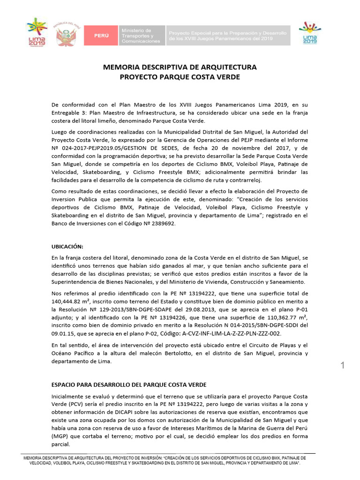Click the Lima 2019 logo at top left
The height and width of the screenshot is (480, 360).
(x=34, y=32)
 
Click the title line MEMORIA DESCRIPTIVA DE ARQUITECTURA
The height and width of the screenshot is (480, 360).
(x=180, y=67)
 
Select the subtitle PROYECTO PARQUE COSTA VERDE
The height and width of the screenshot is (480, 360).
(x=180, y=77)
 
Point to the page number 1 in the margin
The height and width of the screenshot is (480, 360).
(x=343, y=366)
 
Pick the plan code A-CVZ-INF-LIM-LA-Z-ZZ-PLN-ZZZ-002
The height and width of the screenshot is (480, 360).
(x=227, y=333)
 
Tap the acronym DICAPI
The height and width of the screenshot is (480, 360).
(x=115, y=412)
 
